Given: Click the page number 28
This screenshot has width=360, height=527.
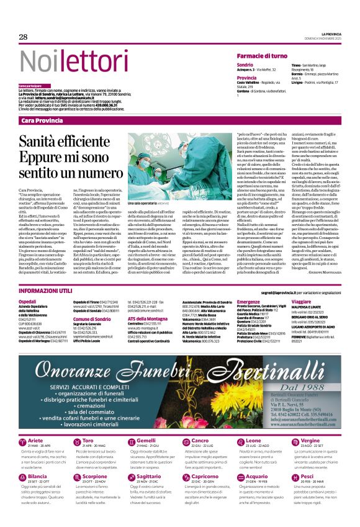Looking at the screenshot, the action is point(23,37).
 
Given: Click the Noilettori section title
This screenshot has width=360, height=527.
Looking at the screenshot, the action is point(71,61).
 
